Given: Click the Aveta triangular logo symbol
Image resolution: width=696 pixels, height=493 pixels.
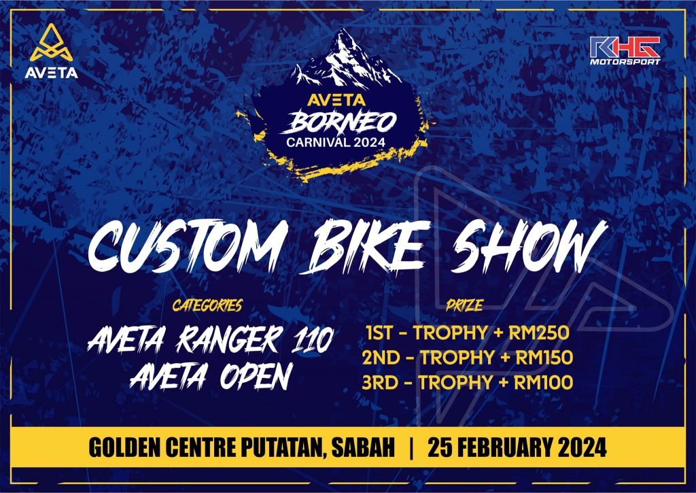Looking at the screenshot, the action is [52, 43].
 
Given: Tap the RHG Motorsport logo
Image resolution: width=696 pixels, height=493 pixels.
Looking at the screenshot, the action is [625, 50].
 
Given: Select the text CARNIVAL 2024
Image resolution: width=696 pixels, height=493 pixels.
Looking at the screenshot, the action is [336, 143].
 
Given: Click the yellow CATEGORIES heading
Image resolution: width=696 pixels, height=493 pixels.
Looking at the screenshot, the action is [207, 305].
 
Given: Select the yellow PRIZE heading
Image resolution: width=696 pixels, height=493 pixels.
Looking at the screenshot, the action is [465, 305].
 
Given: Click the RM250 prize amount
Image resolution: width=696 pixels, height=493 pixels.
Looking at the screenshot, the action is [539, 333].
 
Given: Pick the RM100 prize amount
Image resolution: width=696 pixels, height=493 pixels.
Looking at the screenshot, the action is [543, 382].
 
